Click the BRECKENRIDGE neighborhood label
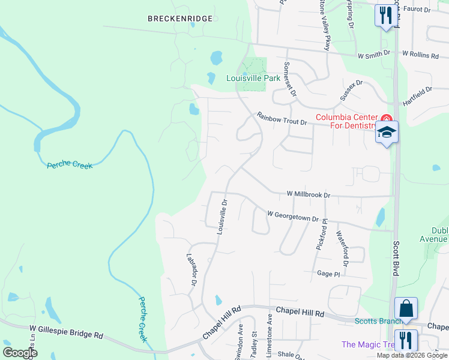(180, 19)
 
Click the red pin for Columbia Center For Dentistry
(387, 118)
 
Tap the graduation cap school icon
(387, 133)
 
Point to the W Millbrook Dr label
(309, 195)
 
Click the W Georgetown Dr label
(292, 216)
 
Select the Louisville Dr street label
(222, 217)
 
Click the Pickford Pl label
(320, 234)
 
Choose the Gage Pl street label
(328, 274)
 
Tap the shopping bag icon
(406, 309)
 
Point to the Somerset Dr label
(290, 79)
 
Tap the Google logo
(20, 352)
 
